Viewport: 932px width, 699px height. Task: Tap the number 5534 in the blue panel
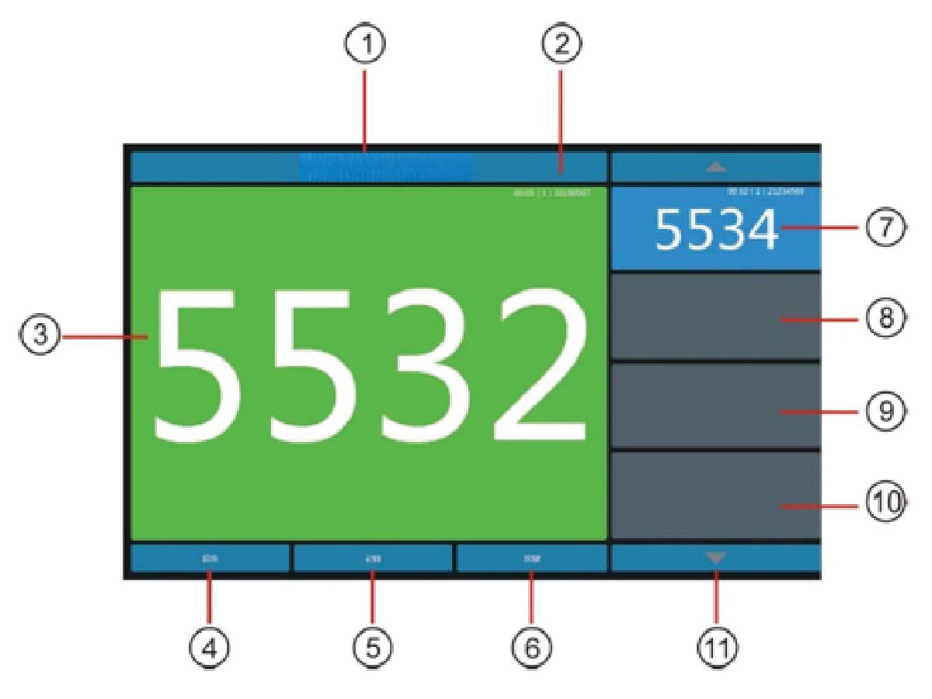coord(716,231)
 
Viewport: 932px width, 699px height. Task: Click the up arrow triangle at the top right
coord(716,166)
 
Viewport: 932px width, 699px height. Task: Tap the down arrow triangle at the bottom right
coord(716,557)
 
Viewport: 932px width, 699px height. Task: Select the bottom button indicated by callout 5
coord(373,558)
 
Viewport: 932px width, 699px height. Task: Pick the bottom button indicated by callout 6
coord(531,558)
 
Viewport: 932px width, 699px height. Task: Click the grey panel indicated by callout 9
coord(715,406)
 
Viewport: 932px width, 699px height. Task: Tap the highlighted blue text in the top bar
coord(386,167)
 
